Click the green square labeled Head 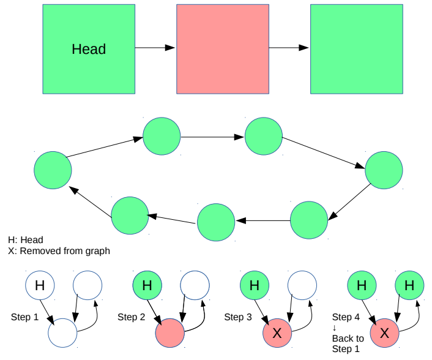pos(89,49)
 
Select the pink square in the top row pos(223,49)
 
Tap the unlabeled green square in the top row pos(357,49)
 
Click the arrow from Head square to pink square pos(155,47)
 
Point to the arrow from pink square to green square pos(289,47)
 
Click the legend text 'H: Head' pos(26,240)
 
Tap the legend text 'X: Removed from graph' pos(59,250)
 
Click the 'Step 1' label pos(24,317)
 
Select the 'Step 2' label pos(131,317)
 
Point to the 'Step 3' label pos(237,317)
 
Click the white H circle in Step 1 pos(40,285)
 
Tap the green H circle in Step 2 pos(147,285)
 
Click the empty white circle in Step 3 pos(302,285)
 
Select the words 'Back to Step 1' pos(348,343)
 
